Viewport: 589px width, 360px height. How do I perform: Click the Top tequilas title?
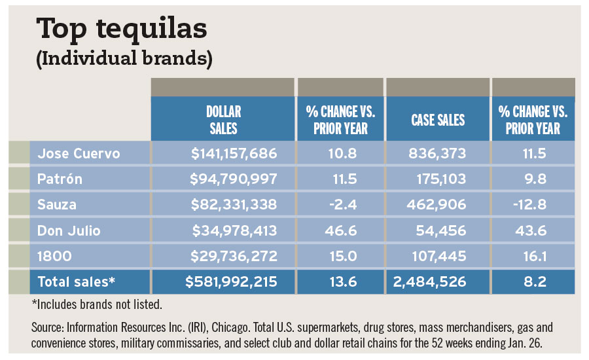coord(122,29)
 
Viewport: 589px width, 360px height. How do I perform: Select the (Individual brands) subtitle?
coord(124,58)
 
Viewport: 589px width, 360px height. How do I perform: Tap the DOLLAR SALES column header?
coord(223,120)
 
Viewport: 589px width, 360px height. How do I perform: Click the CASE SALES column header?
coord(438,120)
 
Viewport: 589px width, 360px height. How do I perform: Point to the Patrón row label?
coord(60,179)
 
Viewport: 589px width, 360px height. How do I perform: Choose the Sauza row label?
coord(57,205)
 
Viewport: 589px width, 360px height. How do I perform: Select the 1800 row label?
coord(52,256)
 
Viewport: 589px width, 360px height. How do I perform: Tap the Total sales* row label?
coord(77,282)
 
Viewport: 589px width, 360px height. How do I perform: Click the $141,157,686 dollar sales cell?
coord(234,154)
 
